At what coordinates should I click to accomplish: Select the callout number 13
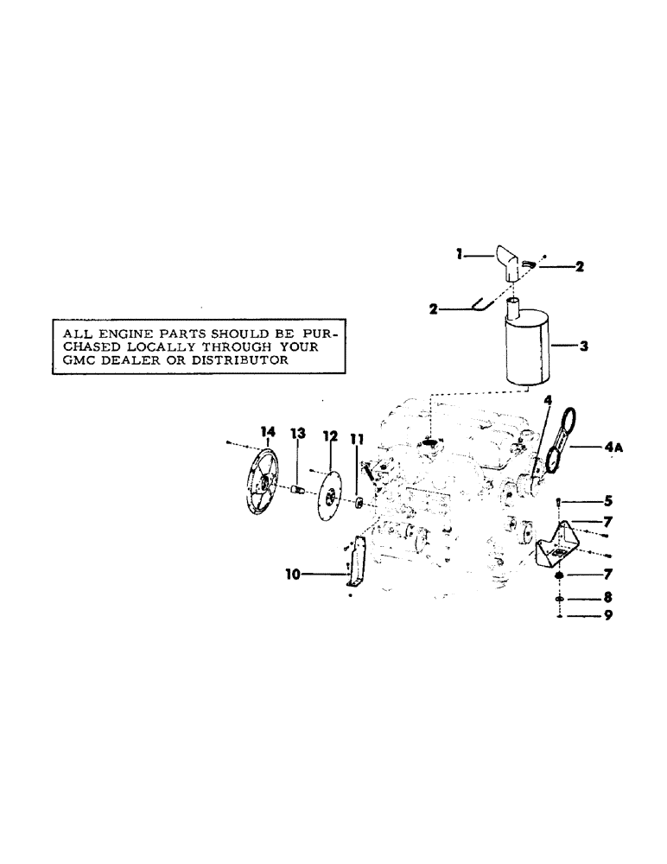(x=298, y=432)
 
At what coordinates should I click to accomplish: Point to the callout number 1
(x=461, y=253)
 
